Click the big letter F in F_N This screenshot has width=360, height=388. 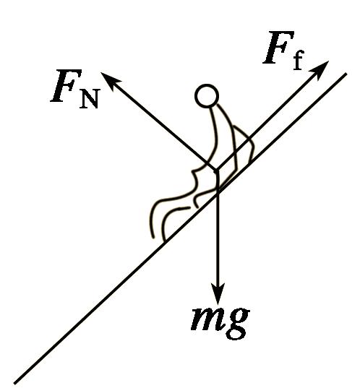67,85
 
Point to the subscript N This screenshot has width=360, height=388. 89,99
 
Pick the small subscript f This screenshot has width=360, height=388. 298,61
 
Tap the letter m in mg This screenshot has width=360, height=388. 206,319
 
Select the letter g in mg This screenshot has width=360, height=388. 236,323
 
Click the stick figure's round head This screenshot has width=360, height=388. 207,96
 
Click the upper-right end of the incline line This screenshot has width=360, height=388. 346,74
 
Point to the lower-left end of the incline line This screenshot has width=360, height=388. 14,383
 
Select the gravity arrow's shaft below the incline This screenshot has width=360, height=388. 218,238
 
